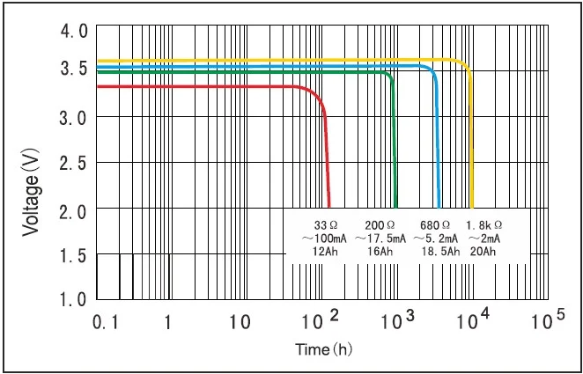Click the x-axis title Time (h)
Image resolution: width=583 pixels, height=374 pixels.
coord(323,349)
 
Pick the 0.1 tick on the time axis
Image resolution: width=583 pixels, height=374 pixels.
coord(104,322)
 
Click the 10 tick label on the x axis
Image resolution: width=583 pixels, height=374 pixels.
coord(240,322)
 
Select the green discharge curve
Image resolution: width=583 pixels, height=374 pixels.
coord(264,73)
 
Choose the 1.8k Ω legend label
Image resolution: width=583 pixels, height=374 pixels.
coord(483,224)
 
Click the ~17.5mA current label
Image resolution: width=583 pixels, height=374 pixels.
coord(380,238)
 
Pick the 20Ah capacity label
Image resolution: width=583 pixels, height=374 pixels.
coord(483,252)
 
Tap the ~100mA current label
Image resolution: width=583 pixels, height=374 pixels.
coord(318,238)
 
